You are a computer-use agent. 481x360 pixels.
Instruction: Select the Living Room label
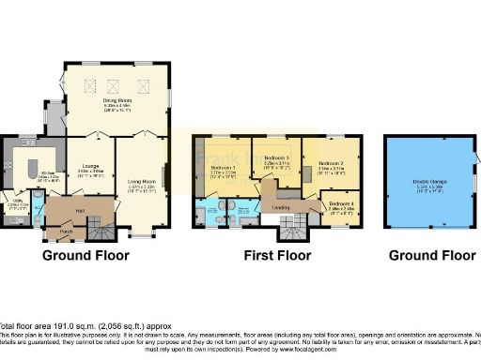click(140, 183)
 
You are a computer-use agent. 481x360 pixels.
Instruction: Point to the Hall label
click(81, 210)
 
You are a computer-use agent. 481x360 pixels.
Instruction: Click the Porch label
click(66, 231)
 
